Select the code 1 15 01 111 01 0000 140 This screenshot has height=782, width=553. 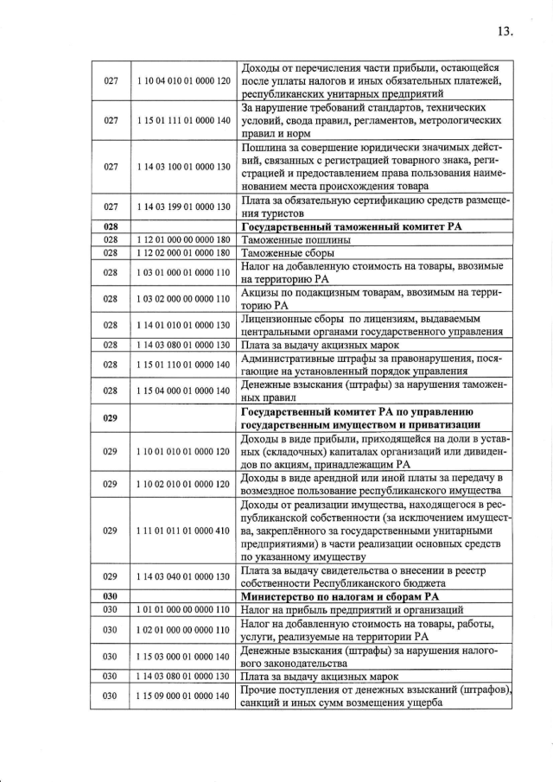pyautogui.click(x=183, y=121)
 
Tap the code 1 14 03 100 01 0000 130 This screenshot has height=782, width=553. pyautogui.click(x=183, y=167)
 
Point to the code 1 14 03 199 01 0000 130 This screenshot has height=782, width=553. pyautogui.click(x=183, y=207)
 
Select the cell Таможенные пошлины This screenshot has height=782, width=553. pyautogui.click(x=283, y=239)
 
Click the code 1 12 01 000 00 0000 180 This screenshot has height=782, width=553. pyautogui.click(x=183, y=239)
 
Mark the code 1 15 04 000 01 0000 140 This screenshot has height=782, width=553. pyautogui.click(x=183, y=391)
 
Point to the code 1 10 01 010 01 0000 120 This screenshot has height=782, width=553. pyautogui.click(x=183, y=451)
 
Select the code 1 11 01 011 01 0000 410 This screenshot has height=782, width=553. pyautogui.click(x=183, y=530)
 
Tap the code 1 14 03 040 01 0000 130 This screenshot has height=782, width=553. pyautogui.click(x=183, y=576)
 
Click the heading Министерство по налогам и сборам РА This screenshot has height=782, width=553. pyautogui.click(x=342, y=596)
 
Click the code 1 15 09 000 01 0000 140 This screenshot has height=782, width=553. pyautogui.click(x=183, y=696)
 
